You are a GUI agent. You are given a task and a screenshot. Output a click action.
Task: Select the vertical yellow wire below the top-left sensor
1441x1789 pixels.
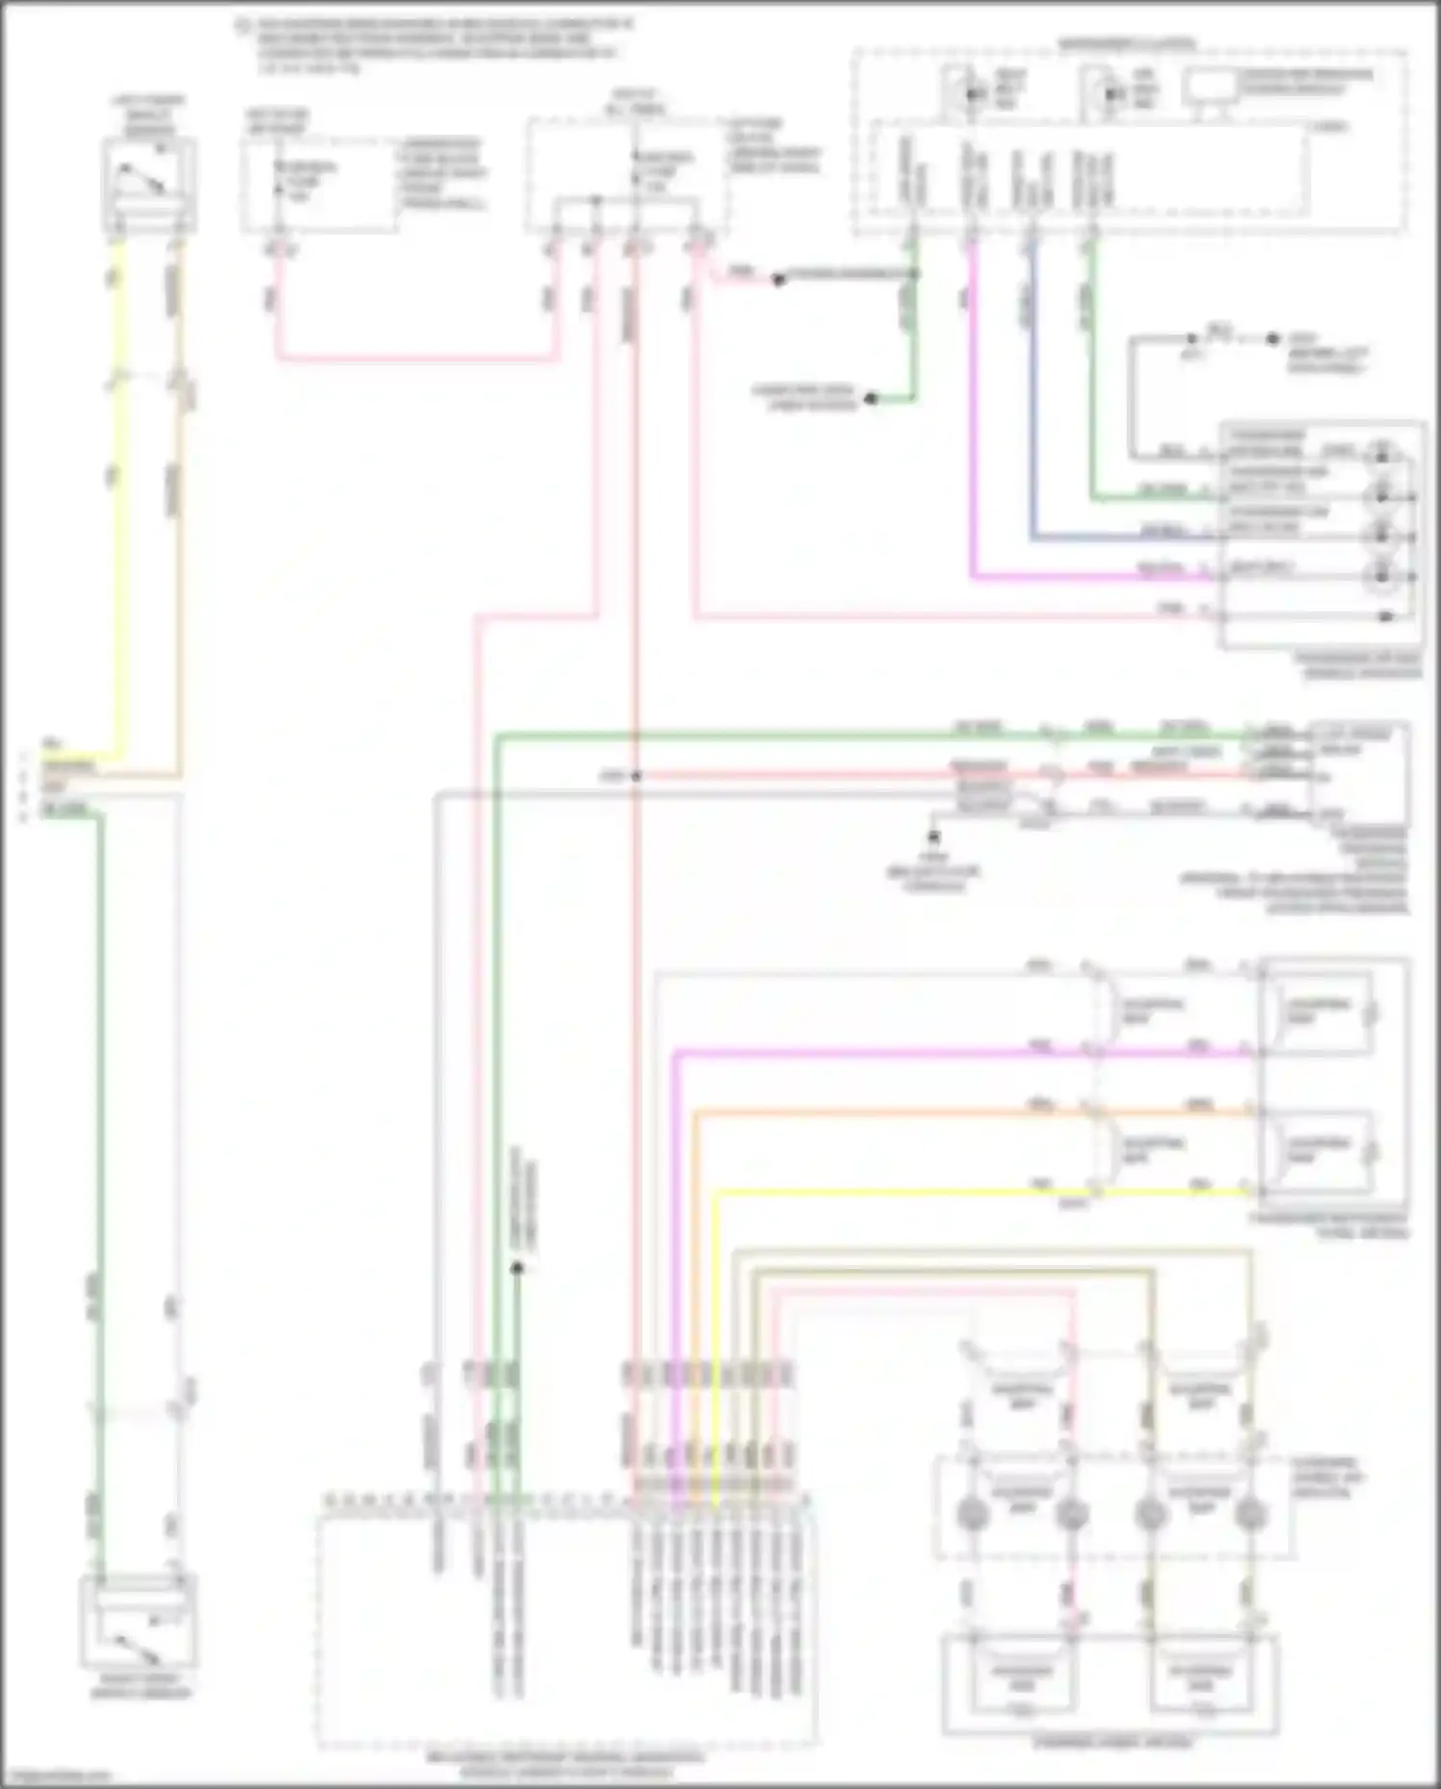tap(118, 500)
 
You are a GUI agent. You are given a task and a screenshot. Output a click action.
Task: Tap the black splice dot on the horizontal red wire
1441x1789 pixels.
tap(635, 776)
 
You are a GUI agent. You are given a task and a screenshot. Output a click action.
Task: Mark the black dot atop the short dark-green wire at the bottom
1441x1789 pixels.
tap(516, 1268)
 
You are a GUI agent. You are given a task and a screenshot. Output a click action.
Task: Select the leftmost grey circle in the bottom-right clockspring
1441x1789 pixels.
tap(973, 1514)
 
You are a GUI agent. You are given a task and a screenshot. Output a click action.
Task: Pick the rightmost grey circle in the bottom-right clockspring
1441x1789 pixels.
tap(1249, 1514)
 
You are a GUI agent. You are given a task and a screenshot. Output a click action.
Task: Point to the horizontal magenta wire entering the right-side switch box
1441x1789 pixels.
tap(1086, 578)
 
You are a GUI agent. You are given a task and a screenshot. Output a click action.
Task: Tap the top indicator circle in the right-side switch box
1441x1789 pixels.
tap(1382, 455)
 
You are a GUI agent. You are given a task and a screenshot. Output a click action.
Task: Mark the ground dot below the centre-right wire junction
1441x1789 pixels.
tap(932, 837)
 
